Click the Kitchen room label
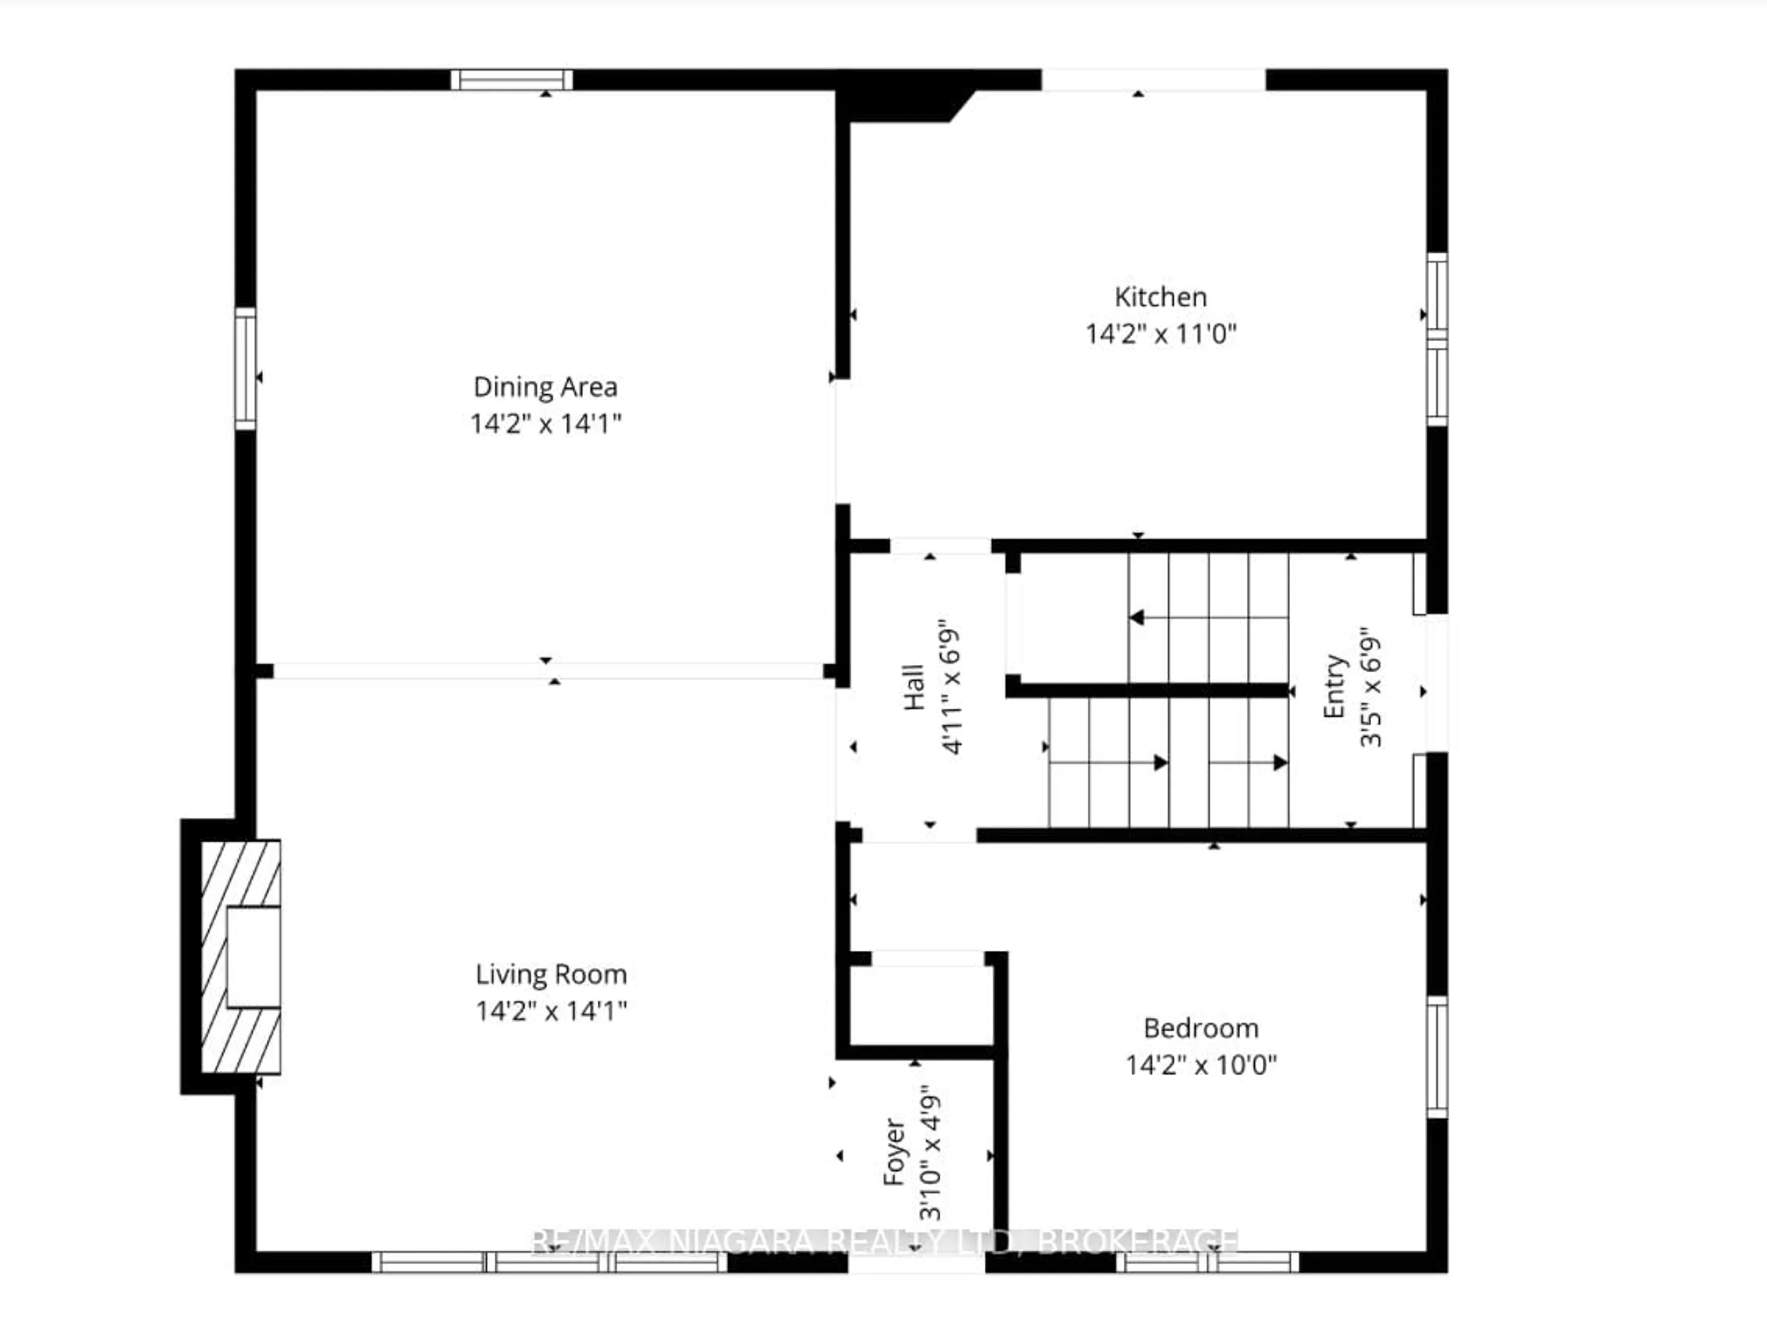[1160, 297]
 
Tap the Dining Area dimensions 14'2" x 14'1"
[546, 424]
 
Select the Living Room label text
[551, 974]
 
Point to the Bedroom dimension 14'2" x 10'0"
[1201, 1065]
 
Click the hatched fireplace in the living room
[240, 956]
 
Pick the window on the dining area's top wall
[512, 80]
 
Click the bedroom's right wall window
[1436, 1056]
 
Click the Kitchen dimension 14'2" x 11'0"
[1160, 334]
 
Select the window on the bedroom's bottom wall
[1206, 1262]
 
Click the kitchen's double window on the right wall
[1436, 340]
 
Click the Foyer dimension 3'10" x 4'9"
[930, 1152]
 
